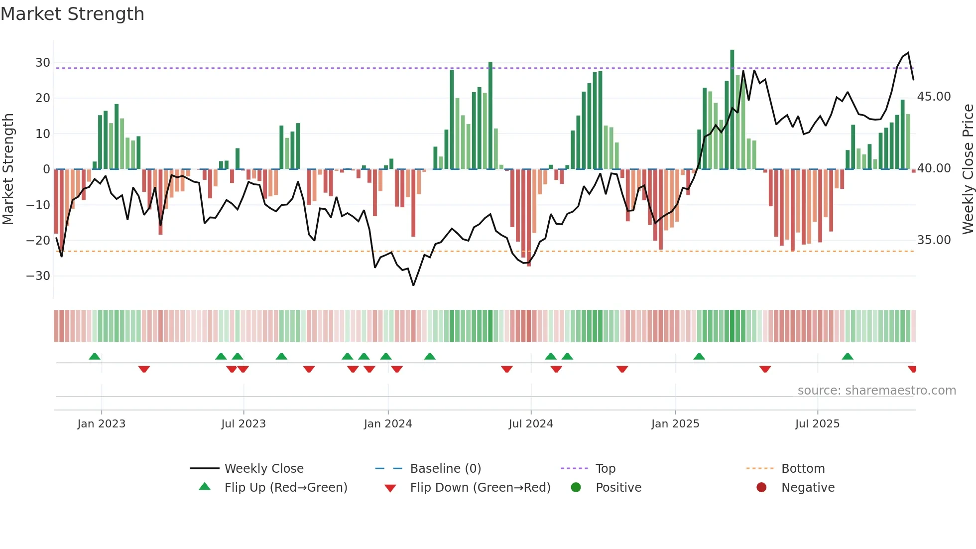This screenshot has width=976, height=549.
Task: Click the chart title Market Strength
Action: click(x=72, y=14)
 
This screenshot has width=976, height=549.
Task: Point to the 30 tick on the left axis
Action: click(x=43, y=63)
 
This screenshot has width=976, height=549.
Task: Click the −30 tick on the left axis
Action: click(x=38, y=276)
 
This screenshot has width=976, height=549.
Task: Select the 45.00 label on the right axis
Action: click(x=934, y=97)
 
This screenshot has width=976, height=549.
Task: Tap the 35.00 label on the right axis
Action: click(x=934, y=240)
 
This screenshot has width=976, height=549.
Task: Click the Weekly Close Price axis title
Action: click(x=968, y=169)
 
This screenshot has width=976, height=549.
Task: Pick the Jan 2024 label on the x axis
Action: click(x=388, y=424)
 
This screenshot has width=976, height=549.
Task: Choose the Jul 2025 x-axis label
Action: click(x=817, y=424)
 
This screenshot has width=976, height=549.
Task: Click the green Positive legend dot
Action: click(x=576, y=488)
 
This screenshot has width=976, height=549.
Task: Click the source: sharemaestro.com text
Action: click(x=876, y=391)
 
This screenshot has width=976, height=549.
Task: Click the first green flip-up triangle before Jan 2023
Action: click(x=95, y=356)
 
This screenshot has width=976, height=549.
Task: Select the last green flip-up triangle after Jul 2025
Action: click(x=848, y=356)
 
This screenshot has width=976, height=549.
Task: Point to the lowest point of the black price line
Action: click(x=413, y=285)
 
